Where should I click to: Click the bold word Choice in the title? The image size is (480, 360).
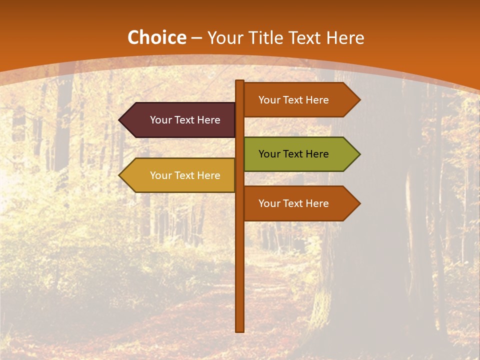tap(156, 38)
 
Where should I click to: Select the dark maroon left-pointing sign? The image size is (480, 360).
tap(180, 120)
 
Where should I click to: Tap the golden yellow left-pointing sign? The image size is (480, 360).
tap(180, 175)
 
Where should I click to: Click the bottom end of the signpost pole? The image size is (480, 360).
tap(240, 329)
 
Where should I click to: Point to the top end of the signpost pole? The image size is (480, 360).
tap(240, 82)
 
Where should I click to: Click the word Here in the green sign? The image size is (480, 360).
tap(317, 154)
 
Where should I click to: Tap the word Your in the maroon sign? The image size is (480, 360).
tap(160, 120)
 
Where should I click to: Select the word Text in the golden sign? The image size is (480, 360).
tap(184, 175)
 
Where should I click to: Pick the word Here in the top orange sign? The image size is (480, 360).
tap(317, 100)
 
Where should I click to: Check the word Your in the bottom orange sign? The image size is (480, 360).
tap(269, 203)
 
